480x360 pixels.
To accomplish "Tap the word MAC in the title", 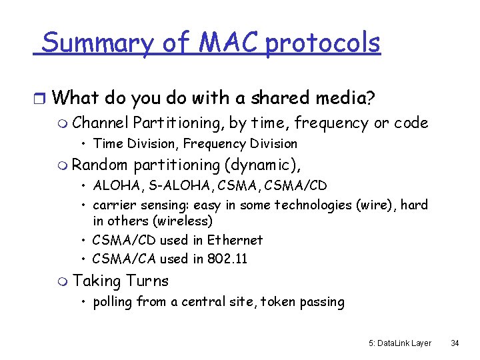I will pos(223,43).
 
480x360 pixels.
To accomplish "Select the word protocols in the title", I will pos(323,43).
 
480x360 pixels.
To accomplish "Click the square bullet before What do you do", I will pos(39,99).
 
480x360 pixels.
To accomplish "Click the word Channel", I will pos(101,123).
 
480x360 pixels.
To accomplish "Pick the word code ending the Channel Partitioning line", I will pos(411,123).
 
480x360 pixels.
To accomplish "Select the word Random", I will pos(99,164).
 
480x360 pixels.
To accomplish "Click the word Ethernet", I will pos(235,240).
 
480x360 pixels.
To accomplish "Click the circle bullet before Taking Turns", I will pos(63,282).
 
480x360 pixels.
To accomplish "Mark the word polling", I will pos(113,302).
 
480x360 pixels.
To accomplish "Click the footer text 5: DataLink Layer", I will pos(400,343).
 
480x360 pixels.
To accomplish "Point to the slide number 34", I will pos(455,343).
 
